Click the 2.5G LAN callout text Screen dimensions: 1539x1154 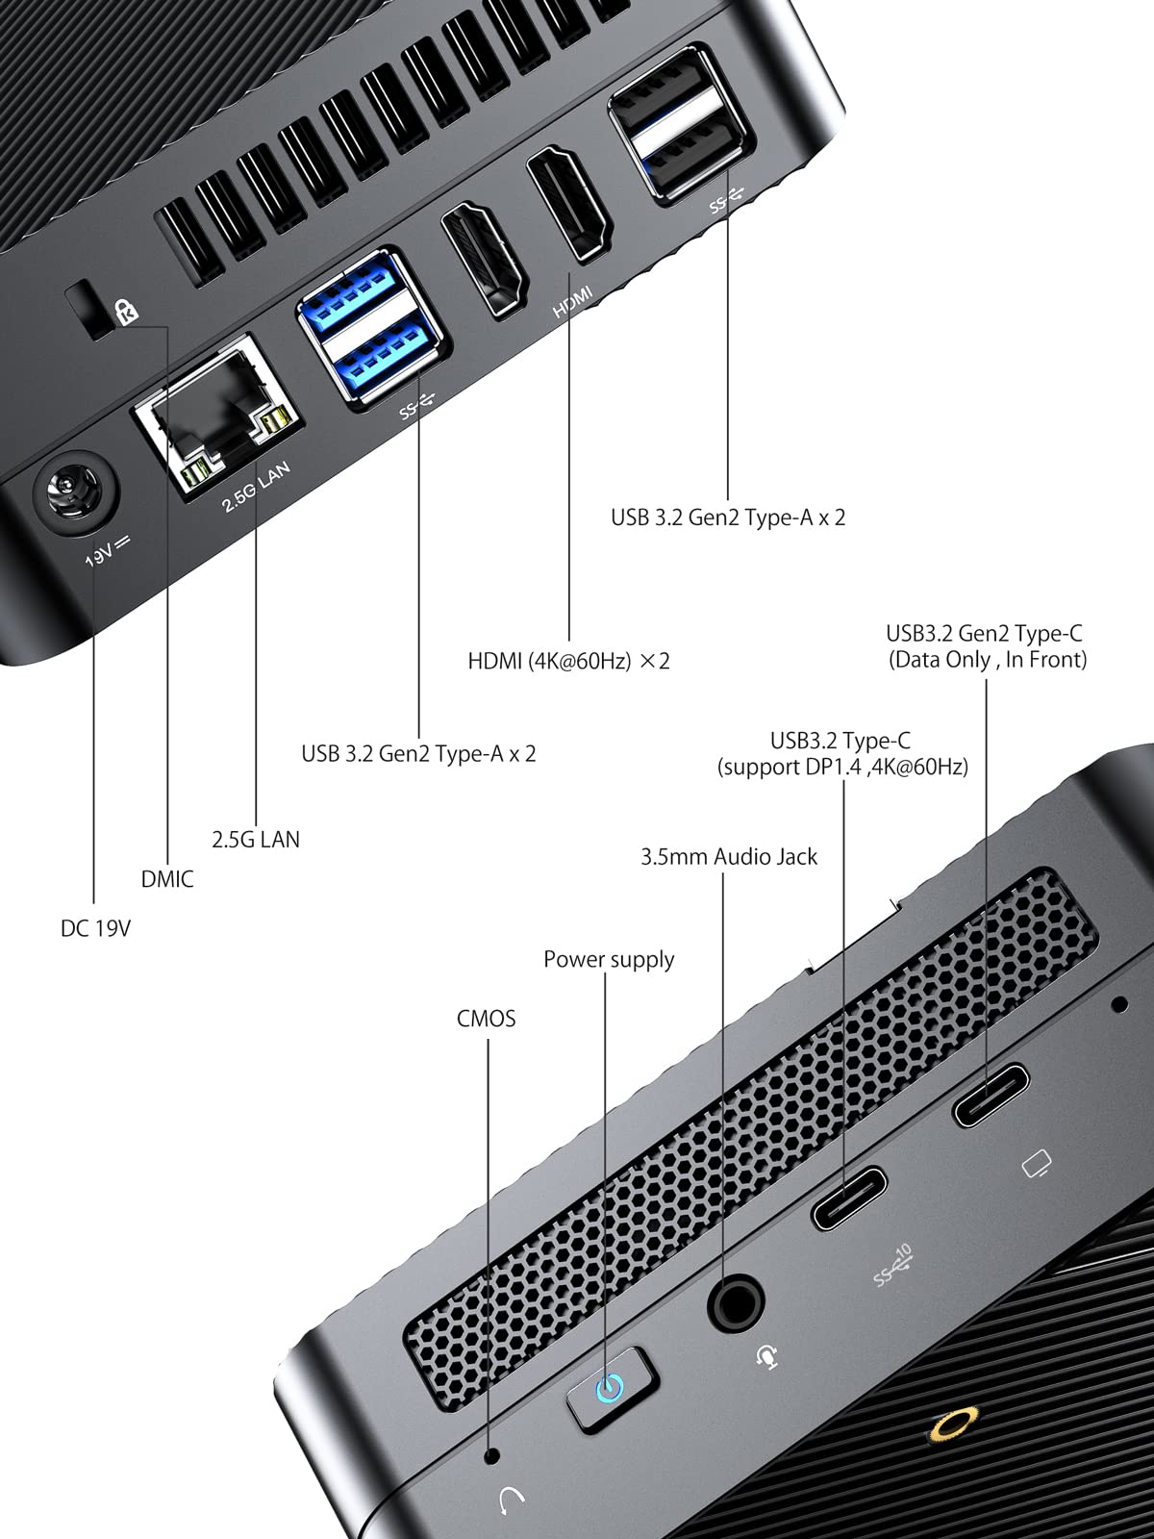pyautogui.click(x=256, y=840)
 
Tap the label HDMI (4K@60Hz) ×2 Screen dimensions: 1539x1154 pyautogui.click(x=568, y=661)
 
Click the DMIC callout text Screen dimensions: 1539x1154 pyautogui.click(x=167, y=879)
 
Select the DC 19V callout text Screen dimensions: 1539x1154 pyautogui.click(x=95, y=928)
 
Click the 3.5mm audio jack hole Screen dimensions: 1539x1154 pyautogui.click(x=738, y=1304)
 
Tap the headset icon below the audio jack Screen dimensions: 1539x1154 pyautogui.click(x=766, y=1355)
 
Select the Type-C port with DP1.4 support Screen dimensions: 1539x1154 pyautogui.click(x=849, y=1198)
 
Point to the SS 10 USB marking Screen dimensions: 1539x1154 pyautogui.click(x=891, y=1266)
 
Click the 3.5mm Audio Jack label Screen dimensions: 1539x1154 pyautogui.click(x=729, y=857)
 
